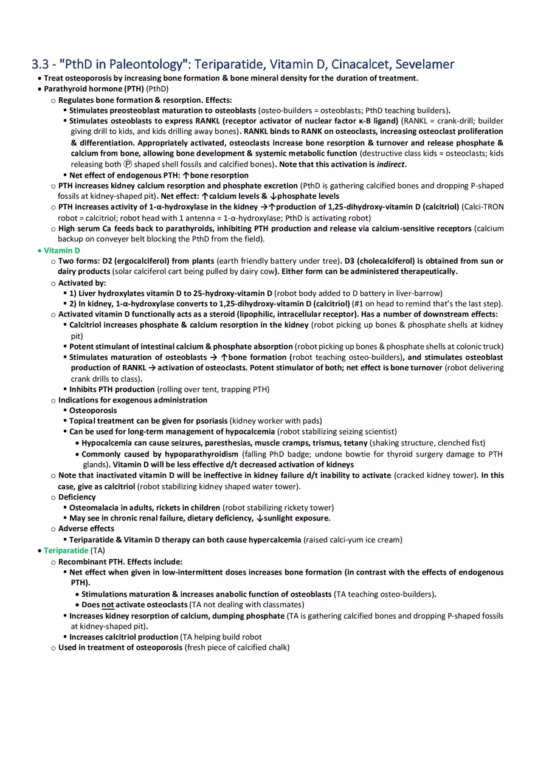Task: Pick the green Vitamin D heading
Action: pyautogui.click(x=62, y=250)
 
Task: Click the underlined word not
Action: pyautogui.click(x=108, y=605)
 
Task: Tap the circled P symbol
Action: pyautogui.click(x=127, y=165)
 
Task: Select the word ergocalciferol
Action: pyautogui.click(x=142, y=261)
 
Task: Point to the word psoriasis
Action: pyautogui.click(x=212, y=421)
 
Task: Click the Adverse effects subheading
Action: pyautogui.click(x=86, y=529)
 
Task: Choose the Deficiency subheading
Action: pyautogui.click(x=77, y=497)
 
